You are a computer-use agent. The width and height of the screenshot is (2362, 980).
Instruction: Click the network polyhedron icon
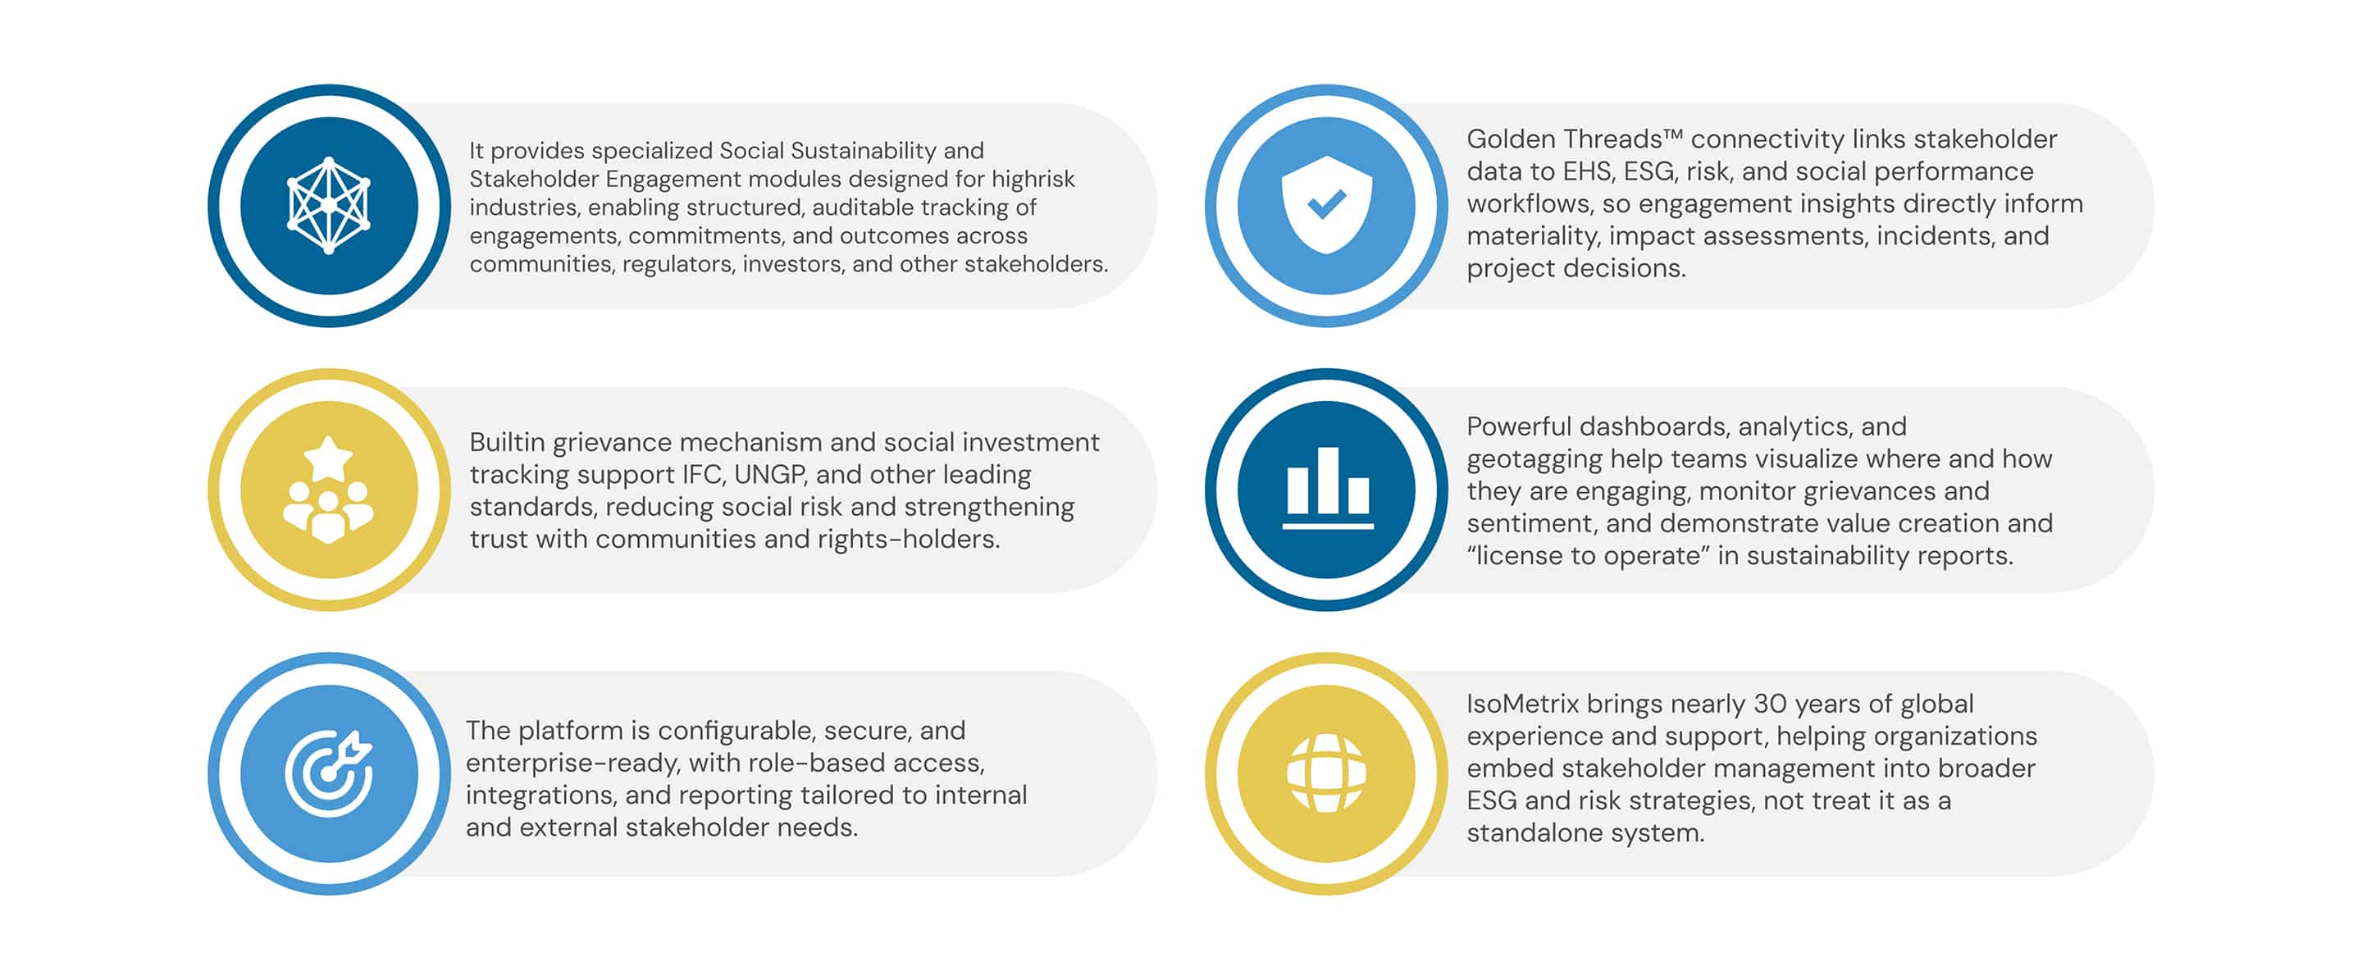click(328, 205)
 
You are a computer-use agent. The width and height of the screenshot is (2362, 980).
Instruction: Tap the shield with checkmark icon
click(1326, 204)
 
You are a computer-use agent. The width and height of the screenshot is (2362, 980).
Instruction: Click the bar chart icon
click(1327, 488)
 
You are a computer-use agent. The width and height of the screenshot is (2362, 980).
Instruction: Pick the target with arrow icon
click(327, 773)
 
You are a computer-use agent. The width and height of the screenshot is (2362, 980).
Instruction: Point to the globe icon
click(1326, 773)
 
